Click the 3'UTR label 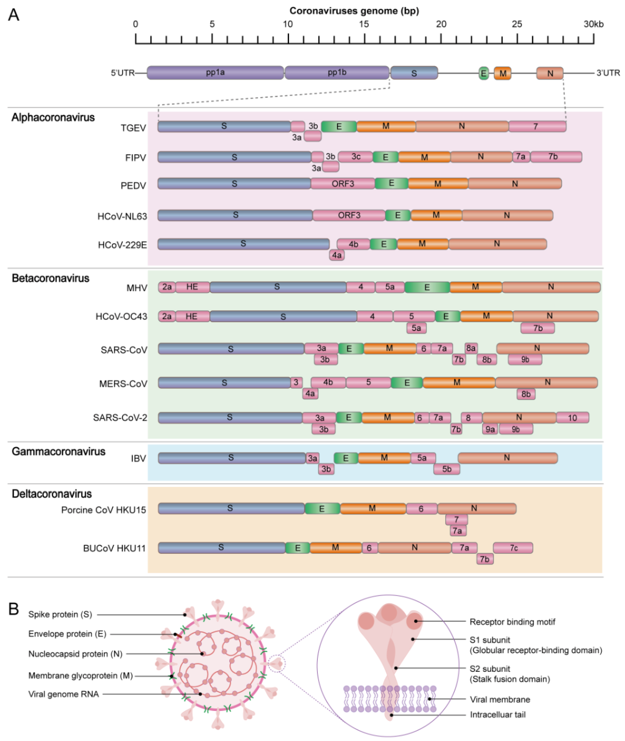pyautogui.click(x=608, y=73)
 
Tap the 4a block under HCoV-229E pyautogui.click(x=337, y=255)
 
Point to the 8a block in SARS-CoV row pyautogui.click(x=471, y=348)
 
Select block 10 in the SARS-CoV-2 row pyautogui.click(x=572, y=418)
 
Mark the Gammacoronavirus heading pyautogui.click(x=58, y=452)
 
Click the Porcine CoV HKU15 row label pyautogui.click(x=103, y=510)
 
